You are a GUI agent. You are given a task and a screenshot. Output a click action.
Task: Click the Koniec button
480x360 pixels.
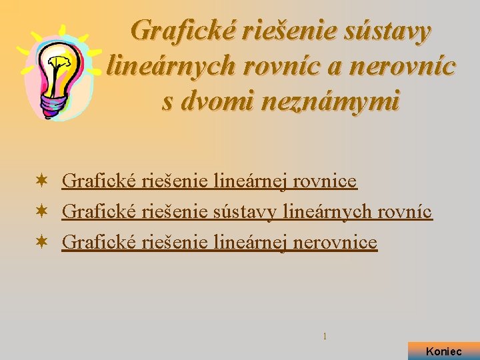tap(443, 351)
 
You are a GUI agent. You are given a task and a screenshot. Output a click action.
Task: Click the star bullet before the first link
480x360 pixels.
tap(41, 181)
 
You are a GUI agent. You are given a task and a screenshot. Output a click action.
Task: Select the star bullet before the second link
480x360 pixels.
tap(41, 212)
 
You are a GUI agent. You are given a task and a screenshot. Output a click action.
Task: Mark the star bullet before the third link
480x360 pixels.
tap(41, 243)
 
